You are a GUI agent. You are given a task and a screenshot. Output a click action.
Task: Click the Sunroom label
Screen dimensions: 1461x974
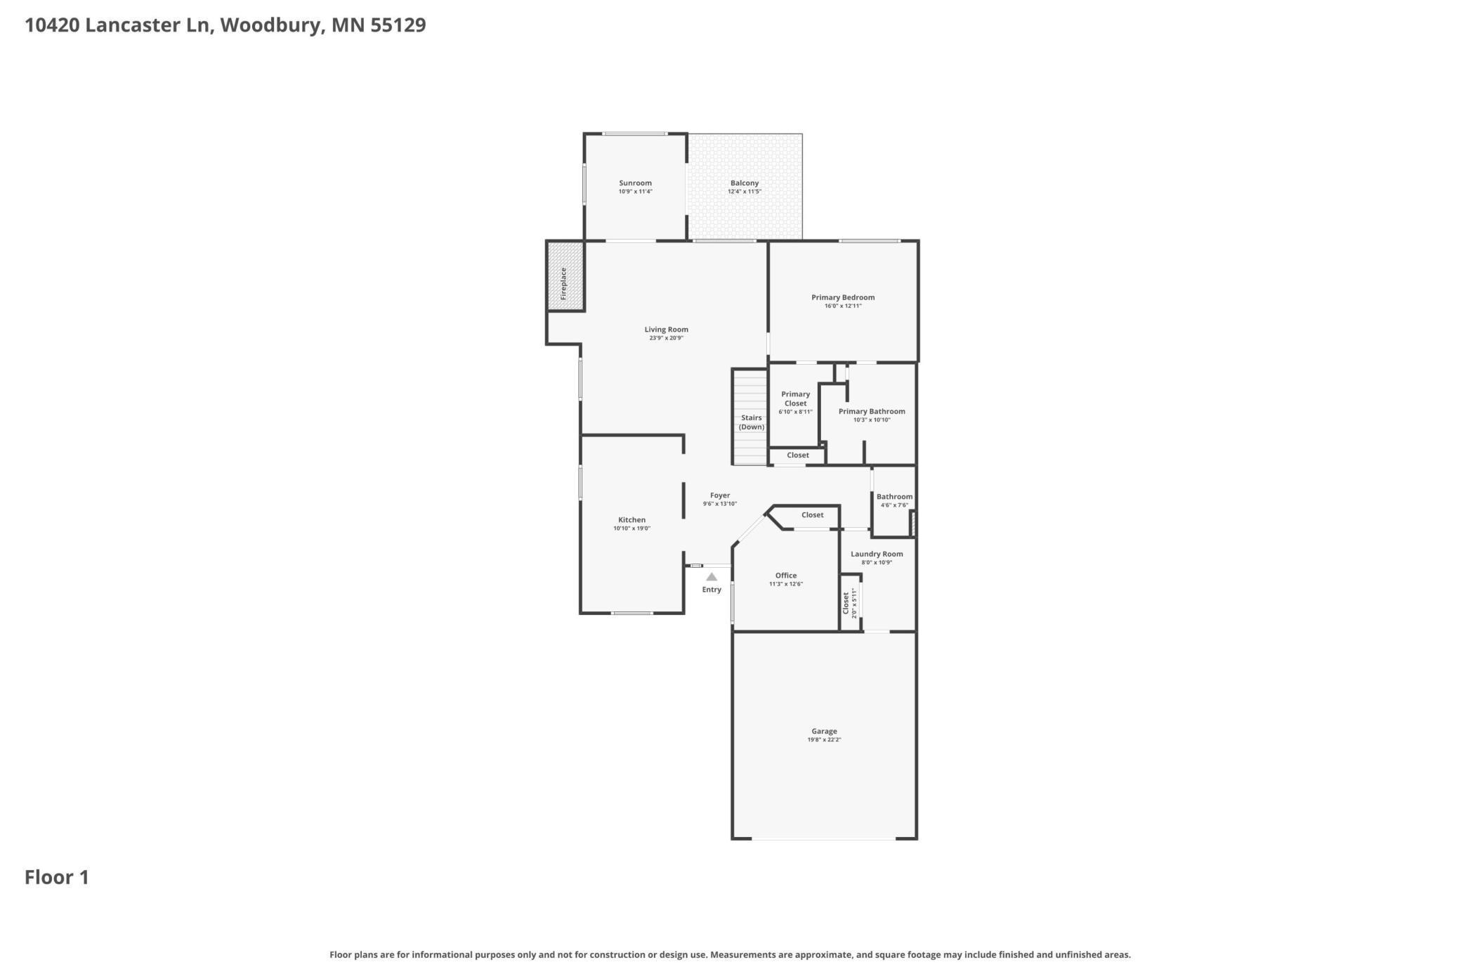(635, 183)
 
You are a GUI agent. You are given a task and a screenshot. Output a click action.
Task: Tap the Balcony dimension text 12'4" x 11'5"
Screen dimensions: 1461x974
(745, 191)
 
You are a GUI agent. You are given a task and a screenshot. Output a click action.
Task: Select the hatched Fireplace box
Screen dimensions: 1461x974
(565, 275)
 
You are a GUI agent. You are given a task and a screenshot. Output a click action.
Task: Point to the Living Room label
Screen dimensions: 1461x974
(667, 329)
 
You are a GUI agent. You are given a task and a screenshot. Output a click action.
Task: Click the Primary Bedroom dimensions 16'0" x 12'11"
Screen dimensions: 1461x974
(843, 306)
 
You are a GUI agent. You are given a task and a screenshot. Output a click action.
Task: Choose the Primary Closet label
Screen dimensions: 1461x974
(796, 398)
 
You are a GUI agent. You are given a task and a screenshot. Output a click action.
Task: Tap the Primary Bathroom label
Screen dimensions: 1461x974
(872, 411)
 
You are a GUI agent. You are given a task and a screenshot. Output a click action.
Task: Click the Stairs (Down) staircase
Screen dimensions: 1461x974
(750, 417)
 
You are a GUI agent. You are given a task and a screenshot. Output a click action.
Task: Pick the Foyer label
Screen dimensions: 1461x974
(720, 495)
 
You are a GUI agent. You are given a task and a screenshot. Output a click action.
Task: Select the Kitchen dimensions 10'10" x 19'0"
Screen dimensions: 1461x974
(632, 528)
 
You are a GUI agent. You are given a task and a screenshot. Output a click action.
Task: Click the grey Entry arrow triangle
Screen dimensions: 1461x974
(712, 577)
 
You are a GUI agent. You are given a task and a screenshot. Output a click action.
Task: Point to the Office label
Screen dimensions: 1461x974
(786, 576)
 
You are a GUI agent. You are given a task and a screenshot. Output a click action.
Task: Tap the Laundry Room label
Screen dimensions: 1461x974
(877, 554)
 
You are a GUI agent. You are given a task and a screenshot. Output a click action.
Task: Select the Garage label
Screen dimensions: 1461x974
(825, 731)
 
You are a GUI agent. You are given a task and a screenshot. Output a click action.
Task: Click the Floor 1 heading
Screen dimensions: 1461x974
(57, 877)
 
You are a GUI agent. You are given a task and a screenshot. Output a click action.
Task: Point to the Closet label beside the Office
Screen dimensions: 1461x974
(813, 514)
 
